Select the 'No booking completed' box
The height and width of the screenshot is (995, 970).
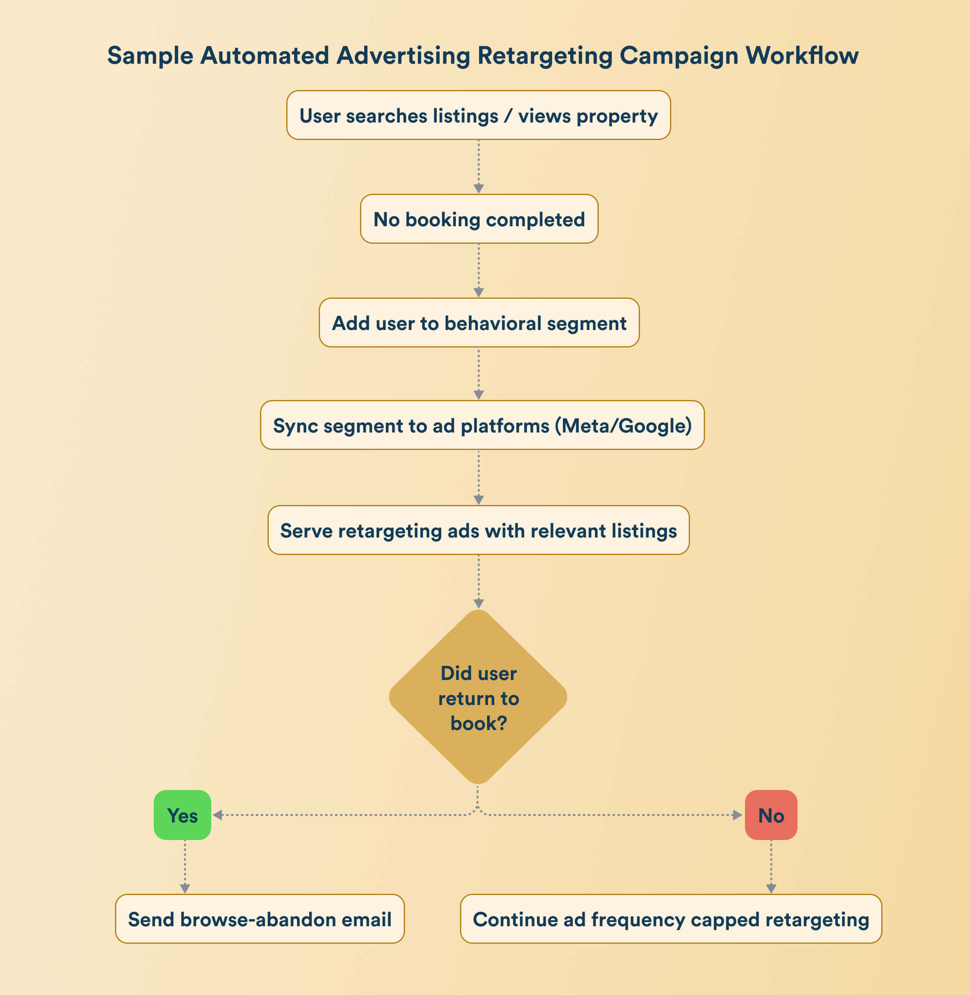479,219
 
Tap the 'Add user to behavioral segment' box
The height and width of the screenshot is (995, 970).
479,323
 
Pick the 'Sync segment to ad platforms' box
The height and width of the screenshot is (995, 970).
482,425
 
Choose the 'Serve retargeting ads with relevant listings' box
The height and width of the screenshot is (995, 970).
478,530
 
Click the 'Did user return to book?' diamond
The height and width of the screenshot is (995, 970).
478,697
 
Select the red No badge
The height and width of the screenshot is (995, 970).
771,815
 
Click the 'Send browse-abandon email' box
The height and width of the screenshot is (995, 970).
260,919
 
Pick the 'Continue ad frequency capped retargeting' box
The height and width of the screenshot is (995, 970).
671,919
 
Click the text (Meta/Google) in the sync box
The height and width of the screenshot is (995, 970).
622,426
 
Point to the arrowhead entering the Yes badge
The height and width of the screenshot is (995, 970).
217,815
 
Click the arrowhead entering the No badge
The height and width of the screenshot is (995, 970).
737,815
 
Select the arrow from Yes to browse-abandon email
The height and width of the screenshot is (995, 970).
185,867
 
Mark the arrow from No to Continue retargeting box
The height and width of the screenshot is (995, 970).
771,867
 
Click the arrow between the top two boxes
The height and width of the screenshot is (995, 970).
478,167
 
